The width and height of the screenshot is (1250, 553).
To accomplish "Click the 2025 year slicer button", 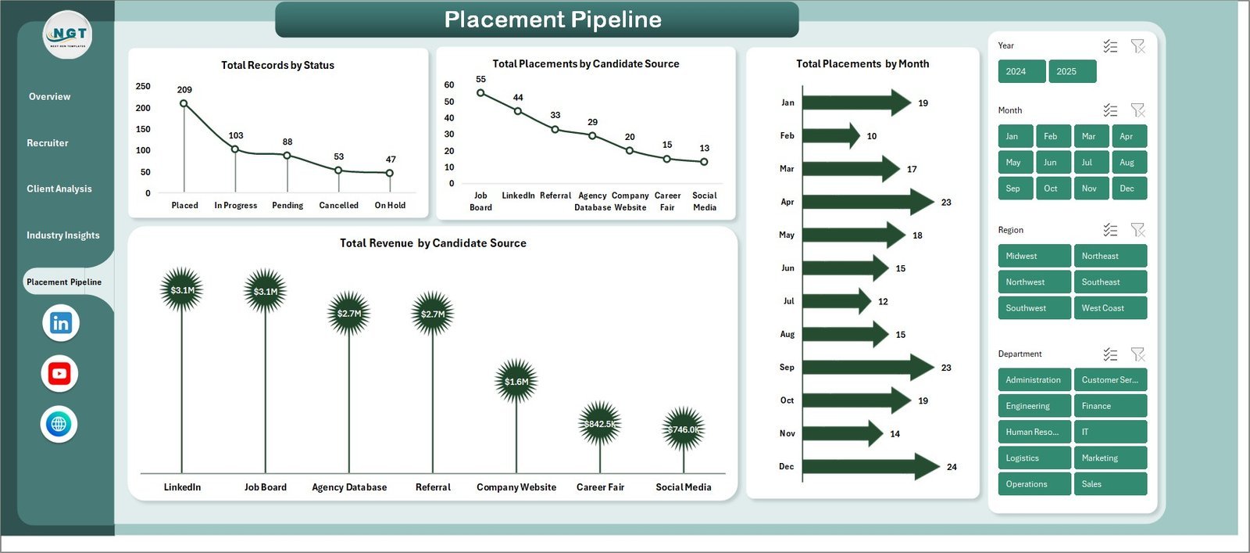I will [1072, 71].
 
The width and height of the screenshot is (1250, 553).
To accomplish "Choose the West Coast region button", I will [1110, 308].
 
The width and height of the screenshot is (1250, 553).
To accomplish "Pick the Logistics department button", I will [1034, 458].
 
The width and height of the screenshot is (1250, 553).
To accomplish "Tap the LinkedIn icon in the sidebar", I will [60, 323].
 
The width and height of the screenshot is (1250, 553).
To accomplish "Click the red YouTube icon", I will [59, 374].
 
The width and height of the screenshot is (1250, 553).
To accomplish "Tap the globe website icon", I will [59, 425].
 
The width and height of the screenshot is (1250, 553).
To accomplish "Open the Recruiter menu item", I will [48, 143].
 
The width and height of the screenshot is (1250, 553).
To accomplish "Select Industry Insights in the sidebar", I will [63, 235].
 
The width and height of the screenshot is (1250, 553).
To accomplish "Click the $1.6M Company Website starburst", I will [516, 382].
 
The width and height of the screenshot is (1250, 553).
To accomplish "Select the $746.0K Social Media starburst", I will [684, 429].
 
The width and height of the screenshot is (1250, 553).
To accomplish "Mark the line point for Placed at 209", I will [184, 103].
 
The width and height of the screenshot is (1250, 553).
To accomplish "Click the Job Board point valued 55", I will [480, 93].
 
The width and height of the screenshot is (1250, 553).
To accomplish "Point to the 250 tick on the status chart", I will [143, 87].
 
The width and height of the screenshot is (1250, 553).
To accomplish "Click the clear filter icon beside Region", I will [1137, 230].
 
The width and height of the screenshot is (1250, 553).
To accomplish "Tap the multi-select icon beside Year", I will [1110, 46].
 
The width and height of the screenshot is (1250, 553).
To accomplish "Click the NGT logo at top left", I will [68, 35].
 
